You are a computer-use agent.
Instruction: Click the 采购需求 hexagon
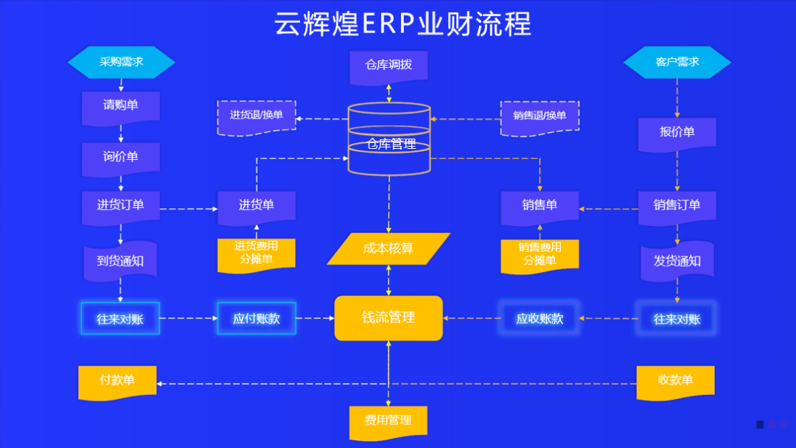pos(122,63)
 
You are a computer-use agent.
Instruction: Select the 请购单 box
pos(121,106)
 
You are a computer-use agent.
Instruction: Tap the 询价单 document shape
pos(121,158)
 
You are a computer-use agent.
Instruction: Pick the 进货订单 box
pos(121,206)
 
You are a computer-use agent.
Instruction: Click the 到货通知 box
pos(121,262)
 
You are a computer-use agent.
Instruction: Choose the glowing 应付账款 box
pos(256,319)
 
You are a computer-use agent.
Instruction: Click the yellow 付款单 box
pos(118,381)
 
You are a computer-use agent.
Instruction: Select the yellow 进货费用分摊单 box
pos(256,253)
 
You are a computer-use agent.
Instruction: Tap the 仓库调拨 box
pos(388,66)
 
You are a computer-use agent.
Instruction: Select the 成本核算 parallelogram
pos(388,249)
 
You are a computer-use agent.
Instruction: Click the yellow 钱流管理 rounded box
pos(388,318)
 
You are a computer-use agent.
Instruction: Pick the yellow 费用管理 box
pos(388,421)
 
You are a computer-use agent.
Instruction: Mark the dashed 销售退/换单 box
pos(540,116)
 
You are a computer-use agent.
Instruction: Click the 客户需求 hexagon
pos(677,63)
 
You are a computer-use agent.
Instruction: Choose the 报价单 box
pos(677,133)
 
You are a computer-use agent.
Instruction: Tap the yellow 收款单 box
pos(676,381)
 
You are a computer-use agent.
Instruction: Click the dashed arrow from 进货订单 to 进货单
pos(189,209)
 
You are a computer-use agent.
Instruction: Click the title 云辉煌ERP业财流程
pos(402,24)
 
